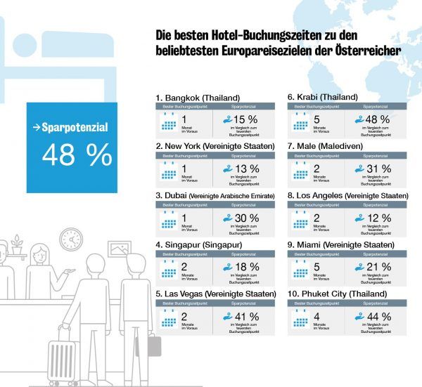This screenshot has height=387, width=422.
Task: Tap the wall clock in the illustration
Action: click(x=70, y=240)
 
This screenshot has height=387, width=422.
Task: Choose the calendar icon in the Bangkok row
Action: click(x=169, y=120)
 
